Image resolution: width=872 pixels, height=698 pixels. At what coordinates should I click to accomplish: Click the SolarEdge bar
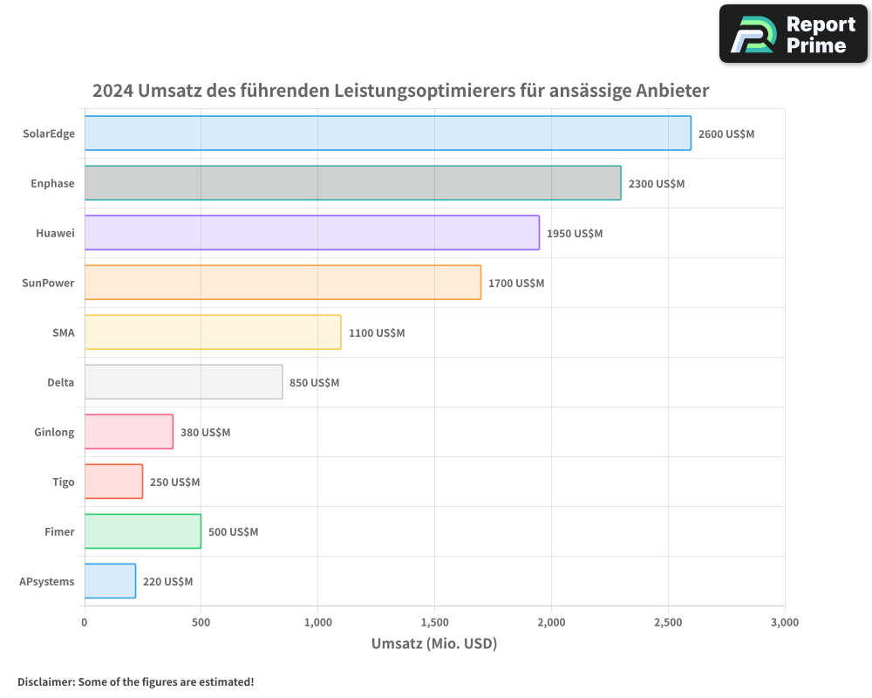click(x=387, y=133)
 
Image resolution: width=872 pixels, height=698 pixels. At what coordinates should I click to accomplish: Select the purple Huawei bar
click(x=311, y=233)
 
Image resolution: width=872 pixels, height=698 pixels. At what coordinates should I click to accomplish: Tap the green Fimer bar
click(x=142, y=531)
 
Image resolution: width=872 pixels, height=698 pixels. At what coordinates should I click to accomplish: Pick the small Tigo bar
click(x=113, y=482)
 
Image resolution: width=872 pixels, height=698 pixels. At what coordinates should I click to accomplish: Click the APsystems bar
click(x=110, y=581)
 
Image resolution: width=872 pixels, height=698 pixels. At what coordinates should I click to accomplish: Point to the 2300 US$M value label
click(x=657, y=183)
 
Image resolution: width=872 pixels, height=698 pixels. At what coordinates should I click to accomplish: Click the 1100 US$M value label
click(x=377, y=332)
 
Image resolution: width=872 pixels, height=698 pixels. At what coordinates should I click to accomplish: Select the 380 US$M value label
click(x=205, y=432)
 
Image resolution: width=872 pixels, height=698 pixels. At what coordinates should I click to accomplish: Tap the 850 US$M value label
click(x=314, y=382)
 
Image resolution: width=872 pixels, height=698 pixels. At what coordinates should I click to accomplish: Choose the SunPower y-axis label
click(x=49, y=283)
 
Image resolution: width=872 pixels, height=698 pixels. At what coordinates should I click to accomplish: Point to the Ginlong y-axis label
click(x=54, y=432)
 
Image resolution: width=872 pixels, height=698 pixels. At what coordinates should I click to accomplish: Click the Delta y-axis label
click(x=60, y=382)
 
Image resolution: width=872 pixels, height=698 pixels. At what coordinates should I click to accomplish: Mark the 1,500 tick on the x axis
click(x=434, y=622)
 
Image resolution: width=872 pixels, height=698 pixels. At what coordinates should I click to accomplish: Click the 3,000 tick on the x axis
click(x=784, y=622)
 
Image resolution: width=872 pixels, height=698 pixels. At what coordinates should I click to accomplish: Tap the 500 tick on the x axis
click(x=201, y=622)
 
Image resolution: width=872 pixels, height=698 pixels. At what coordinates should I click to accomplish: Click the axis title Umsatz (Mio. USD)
click(x=434, y=644)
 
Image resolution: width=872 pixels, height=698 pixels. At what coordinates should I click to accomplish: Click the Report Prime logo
click(x=794, y=34)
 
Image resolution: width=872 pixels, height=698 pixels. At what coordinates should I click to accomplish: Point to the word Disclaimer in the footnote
click(x=45, y=681)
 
